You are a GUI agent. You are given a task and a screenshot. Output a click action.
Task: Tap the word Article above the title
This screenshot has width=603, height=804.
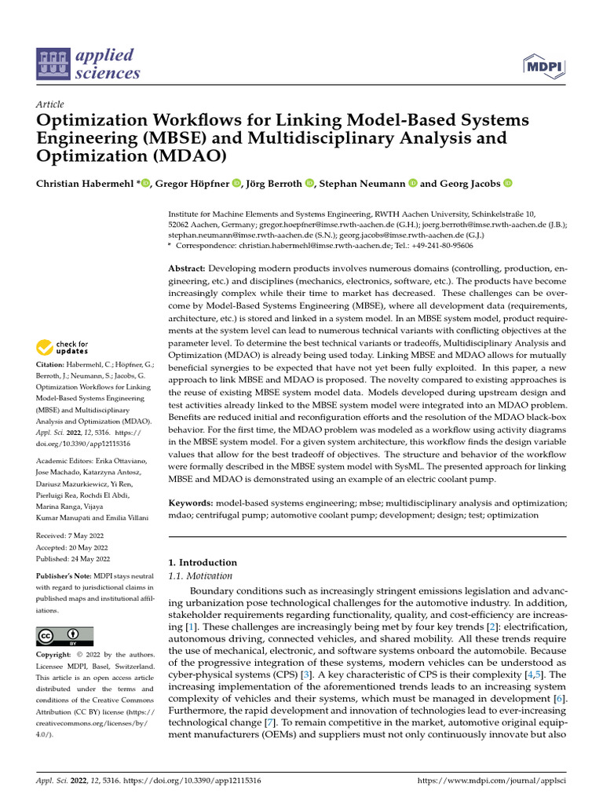coord(50,104)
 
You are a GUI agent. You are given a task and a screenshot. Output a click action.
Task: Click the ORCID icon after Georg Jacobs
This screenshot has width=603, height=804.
coord(507,184)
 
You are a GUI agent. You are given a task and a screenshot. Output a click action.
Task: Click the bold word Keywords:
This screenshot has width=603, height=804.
coord(192,502)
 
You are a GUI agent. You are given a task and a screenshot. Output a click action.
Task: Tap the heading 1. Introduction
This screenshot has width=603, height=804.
coord(203,562)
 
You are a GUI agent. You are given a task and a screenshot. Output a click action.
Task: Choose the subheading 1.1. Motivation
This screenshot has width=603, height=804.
coord(201,576)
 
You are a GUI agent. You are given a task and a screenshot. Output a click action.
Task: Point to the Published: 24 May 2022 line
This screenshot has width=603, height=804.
coord(73,558)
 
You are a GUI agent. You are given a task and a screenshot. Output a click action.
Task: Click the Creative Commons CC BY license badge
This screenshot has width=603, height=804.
coord(64,635)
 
